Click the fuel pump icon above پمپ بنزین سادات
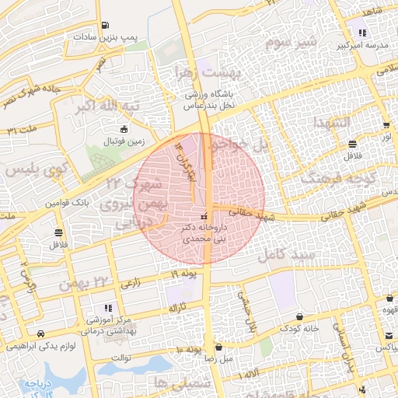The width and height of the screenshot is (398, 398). [106, 24]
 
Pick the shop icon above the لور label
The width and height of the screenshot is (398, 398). [386, 124]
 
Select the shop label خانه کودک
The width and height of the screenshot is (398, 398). [298, 328]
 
